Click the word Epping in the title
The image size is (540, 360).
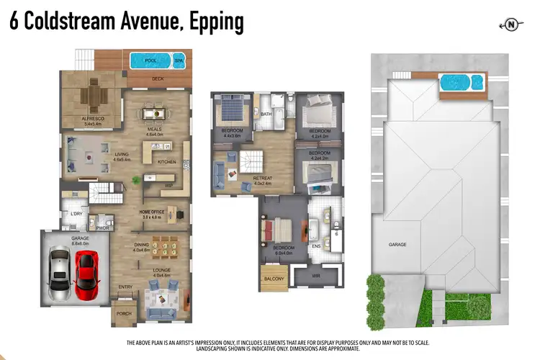click(x=217, y=22)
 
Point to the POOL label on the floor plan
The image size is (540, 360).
click(x=150, y=60)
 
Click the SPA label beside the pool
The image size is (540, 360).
click(x=179, y=60)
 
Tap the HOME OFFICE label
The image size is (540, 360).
click(x=153, y=211)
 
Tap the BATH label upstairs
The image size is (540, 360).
click(x=265, y=114)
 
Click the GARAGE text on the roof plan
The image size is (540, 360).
click(x=397, y=244)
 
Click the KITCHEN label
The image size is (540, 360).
click(x=166, y=161)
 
